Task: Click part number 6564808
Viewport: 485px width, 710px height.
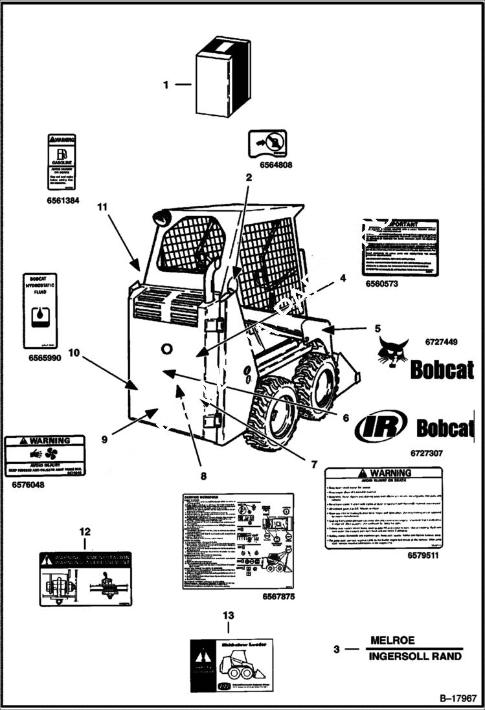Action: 276,165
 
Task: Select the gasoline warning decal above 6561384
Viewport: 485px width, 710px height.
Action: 62,162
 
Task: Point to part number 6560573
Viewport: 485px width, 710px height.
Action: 381,283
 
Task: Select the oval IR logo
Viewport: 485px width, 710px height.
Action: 381,427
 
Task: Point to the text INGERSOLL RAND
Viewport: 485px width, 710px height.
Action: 415,656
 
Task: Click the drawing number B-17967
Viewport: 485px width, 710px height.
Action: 458,698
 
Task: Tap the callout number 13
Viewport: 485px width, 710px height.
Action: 228,616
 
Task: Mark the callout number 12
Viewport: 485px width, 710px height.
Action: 85,531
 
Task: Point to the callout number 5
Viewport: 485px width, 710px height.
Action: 377,329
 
